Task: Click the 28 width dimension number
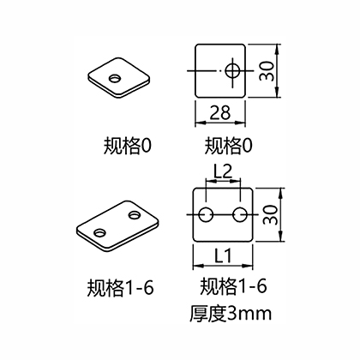[x=220, y=112]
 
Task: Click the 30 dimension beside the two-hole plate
[x=270, y=214]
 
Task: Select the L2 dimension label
[x=223, y=171]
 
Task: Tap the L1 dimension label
[x=223, y=255]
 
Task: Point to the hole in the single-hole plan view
[x=232, y=71]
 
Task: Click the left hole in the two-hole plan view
[x=206, y=215]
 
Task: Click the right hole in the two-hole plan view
[x=240, y=215]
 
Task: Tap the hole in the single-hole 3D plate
[x=115, y=78]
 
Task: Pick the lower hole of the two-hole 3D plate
[x=99, y=232]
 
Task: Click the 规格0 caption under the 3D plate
[x=127, y=146]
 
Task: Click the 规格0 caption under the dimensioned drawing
[x=228, y=146]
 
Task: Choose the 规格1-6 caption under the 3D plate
[x=120, y=287]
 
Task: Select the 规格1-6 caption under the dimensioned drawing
[x=233, y=285]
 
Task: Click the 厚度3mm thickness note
[x=231, y=314]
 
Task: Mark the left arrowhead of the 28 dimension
[x=199, y=123]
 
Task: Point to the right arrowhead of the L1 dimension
[x=249, y=266]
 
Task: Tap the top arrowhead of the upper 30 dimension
[x=277, y=49]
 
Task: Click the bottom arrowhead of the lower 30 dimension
[x=280, y=237]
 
